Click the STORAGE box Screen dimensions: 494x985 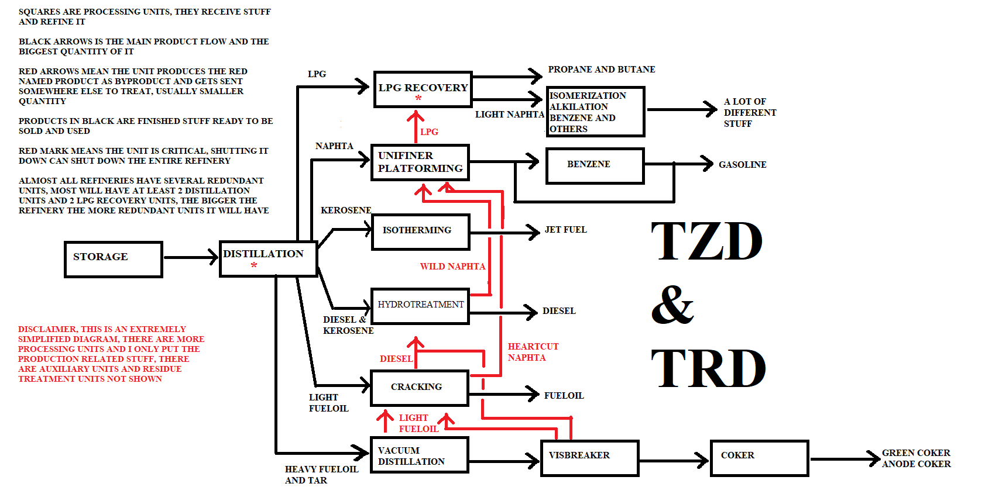click(x=113, y=259)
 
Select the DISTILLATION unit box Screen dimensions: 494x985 click(x=268, y=258)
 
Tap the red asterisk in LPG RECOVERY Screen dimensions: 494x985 click(x=418, y=99)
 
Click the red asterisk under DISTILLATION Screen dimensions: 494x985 click(x=254, y=266)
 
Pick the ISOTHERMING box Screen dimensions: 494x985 click(x=420, y=232)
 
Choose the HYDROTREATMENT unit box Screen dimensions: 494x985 click(x=420, y=306)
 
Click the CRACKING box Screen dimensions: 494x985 click(x=420, y=388)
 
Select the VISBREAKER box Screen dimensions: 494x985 click(x=589, y=458)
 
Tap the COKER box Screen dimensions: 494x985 click(x=759, y=458)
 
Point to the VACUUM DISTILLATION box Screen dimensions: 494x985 click(x=419, y=455)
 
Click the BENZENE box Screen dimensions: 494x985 click(x=595, y=165)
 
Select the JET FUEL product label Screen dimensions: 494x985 click(x=565, y=230)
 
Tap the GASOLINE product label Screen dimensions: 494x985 click(x=742, y=165)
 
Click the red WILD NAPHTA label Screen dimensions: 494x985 click(x=452, y=267)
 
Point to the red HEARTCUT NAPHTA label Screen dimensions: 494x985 click(x=533, y=352)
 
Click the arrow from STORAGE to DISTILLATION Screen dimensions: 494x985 click(x=191, y=257)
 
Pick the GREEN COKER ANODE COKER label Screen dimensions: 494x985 click(x=916, y=458)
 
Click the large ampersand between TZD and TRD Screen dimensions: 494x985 click(x=672, y=305)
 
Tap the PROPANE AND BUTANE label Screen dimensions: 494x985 click(x=601, y=70)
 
